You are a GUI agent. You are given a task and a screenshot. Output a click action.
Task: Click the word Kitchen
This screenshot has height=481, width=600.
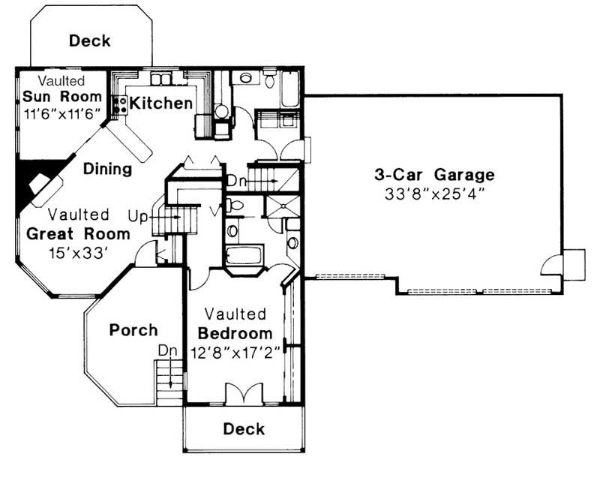point(160,104)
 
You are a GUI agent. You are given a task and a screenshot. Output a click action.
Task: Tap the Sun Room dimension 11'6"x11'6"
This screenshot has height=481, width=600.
point(61,114)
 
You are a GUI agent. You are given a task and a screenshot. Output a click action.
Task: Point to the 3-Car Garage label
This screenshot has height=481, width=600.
point(434,175)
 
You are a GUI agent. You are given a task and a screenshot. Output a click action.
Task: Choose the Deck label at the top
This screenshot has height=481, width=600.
point(90,41)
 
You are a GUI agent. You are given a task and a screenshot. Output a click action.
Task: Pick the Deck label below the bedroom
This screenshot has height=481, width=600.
point(244,428)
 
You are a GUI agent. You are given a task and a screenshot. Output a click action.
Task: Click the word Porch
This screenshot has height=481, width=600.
point(133,329)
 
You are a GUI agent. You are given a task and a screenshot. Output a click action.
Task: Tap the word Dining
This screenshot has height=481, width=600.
point(107,169)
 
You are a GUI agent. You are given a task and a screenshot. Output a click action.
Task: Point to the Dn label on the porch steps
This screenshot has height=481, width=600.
point(168,350)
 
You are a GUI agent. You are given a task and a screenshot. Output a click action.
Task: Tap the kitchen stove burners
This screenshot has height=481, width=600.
point(118,105)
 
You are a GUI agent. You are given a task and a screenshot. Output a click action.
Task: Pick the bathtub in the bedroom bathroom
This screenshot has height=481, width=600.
point(243,255)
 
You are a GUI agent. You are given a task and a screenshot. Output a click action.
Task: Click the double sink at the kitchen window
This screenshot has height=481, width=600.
point(161,78)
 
